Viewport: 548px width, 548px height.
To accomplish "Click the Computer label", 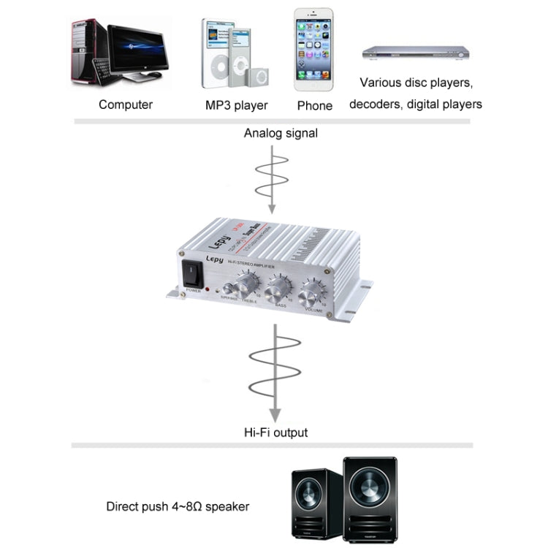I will pos(126,104).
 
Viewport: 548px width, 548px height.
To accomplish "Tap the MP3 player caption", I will pos(236,105).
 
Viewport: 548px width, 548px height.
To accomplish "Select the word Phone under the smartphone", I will pos(315,106).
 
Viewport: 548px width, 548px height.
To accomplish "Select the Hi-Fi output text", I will pos(274,432).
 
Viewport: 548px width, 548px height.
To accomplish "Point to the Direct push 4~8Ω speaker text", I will pos(178,506).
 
